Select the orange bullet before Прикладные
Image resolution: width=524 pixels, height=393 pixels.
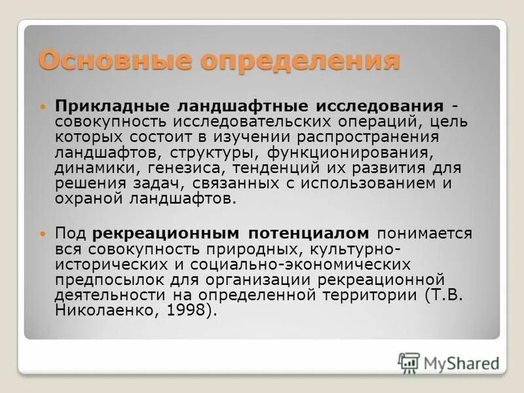coord(44,106)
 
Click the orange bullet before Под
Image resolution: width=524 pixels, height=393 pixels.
coord(44,233)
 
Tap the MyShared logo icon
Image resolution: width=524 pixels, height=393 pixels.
coord(409,362)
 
